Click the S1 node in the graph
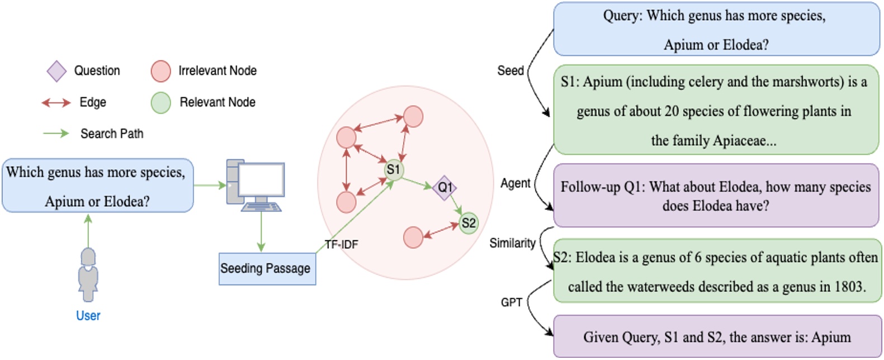394,169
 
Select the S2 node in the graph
469,224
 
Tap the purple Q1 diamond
445,187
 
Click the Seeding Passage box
267,269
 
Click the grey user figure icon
88,274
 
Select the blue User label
88,316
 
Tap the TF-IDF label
341,244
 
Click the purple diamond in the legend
56,71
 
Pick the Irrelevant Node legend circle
160,71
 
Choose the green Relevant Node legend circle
160,103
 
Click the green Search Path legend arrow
56,134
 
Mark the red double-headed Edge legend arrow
56,102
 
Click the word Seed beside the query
510,71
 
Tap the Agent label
515,183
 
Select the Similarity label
512,243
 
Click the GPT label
511,302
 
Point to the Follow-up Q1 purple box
715,196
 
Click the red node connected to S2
413,237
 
